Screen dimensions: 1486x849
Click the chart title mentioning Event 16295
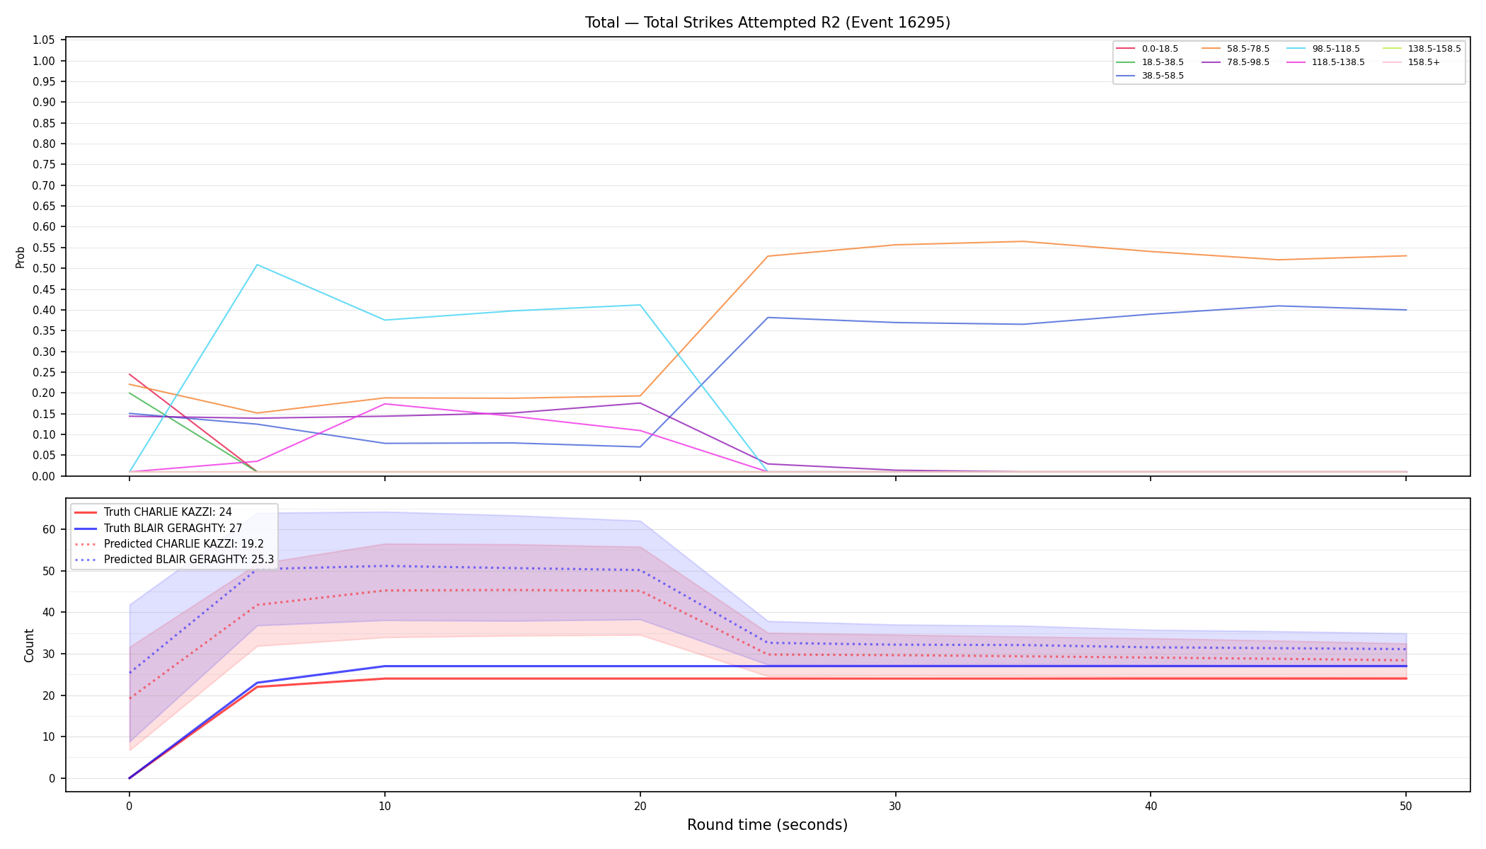pyautogui.click(x=767, y=23)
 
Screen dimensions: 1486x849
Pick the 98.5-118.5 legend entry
pyautogui.click(x=1323, y=49)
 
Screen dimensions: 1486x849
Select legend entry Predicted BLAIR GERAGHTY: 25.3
pyautogui.click(x=174, y=559)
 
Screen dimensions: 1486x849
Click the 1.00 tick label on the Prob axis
pyautogui.click(x=44, y=61)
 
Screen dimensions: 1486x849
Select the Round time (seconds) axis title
pyautogui.click(x=767, y=825)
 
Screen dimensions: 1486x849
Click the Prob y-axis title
pyautogui.click(x=21, y=257)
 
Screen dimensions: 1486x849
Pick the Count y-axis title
pyautogui.click(x=29, y=645)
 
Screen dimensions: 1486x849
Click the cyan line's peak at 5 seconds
pyautogui.click(x=257, y=265)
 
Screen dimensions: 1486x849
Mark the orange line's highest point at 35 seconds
pyautogui.click(x=1023, y=241)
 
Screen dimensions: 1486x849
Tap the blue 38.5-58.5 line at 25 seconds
pyautogui.click(x=768, y=317)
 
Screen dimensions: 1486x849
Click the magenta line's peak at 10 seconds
pyautogui.click(x=384, y=404)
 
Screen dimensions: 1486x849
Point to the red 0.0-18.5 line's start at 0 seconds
pyautogui.click(x=129, y=374)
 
